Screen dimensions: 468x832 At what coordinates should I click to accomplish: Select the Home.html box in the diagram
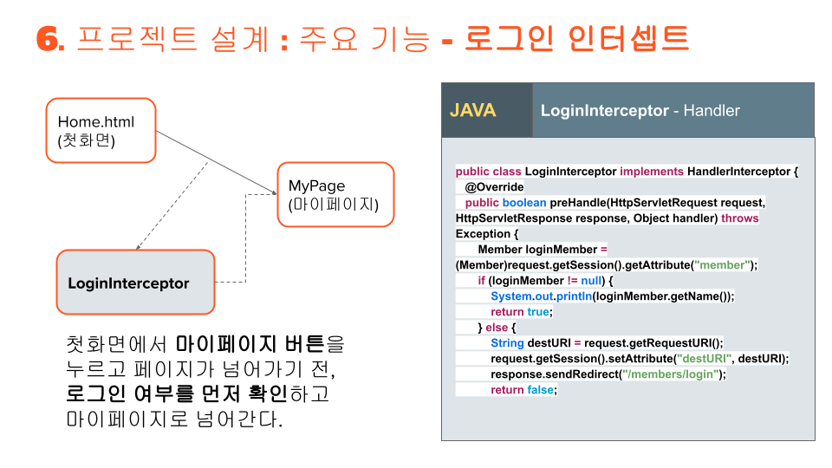pyautogui.click(x=101, y=131)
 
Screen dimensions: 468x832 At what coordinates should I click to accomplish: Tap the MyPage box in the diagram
pyautogui.click(x=335, y=195)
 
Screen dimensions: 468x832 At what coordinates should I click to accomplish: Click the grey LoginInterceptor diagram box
pyautogui.click(x=135, y=283)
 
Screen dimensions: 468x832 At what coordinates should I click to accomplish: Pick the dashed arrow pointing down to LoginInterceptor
pyautogui.click(x=173, y=204)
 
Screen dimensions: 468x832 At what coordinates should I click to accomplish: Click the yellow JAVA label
pyautogui.click(x=472, y=111)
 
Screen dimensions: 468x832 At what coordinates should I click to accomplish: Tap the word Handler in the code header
pyautogui.click(x=712, y=111)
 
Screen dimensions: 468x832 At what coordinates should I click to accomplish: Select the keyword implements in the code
pyautogui.click(x=651, y=172)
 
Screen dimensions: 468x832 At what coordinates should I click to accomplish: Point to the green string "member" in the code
pyautogui.click(x=721, y=265)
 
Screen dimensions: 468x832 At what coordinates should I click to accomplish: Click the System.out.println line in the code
pyautogui.click(x=612, y=296)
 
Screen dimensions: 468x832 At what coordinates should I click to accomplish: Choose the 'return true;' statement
pyautogui.click(x=521, y=312)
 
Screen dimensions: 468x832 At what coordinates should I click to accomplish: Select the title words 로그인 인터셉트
pyautogui.click(x=576, y=39)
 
